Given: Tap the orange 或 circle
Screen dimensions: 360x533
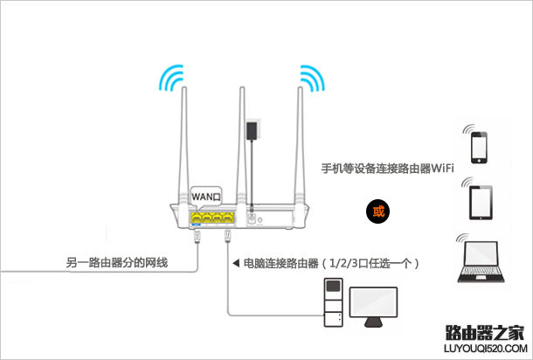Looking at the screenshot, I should pos(377,211).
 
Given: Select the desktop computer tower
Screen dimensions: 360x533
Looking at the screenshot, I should pos(332,302).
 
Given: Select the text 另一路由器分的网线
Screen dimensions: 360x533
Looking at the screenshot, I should pos(116,262).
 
